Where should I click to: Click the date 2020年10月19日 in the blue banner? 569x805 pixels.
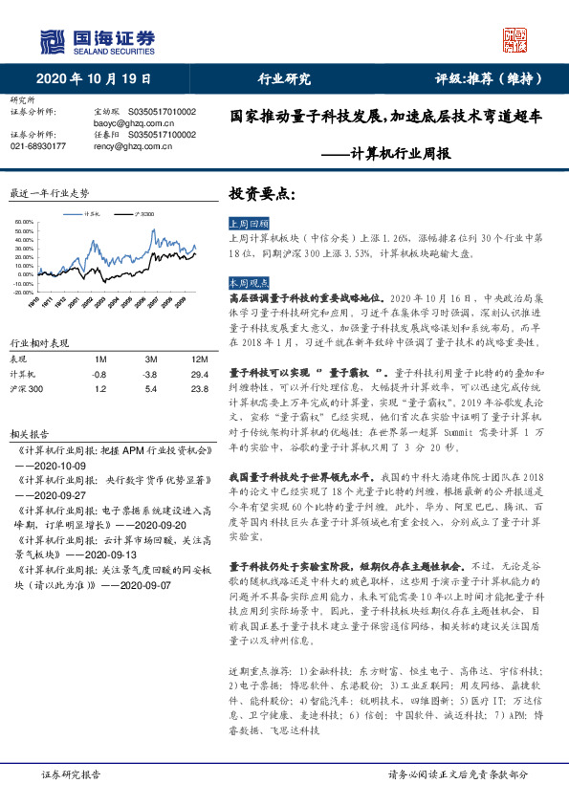pyautogui.click(x=95, y=78)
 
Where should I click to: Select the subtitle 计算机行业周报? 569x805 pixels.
pyautogui.click(x=400, y=153)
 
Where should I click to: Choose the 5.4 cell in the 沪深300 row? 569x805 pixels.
pyautogui.click(x=149, y=390)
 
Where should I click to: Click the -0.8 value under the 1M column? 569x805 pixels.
pyautogui.click(x=99, y=374)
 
